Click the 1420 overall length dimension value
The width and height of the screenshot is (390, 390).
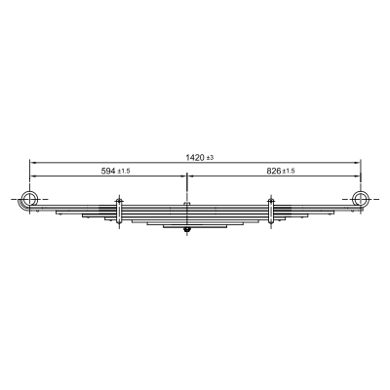[195, 158]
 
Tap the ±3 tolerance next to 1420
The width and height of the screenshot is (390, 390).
[211, 158]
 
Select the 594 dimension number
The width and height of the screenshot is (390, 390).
[108, 171]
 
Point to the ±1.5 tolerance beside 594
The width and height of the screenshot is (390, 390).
[124, 172]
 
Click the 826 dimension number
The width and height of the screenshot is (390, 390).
[274, 171]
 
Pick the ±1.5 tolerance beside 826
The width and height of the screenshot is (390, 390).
[289, 172]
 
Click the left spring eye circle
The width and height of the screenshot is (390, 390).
[30, 199]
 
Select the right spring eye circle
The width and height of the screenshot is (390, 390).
[361, 199]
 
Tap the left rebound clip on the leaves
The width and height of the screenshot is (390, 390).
[119, 212]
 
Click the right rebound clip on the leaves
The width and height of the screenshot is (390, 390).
[271, 212]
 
